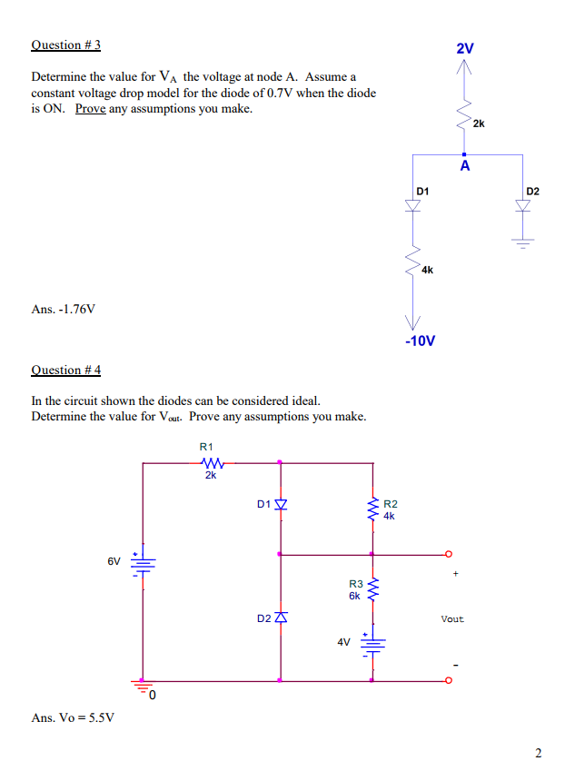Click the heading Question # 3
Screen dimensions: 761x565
tap(65, 44)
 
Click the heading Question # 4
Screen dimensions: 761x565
tap(65, 370)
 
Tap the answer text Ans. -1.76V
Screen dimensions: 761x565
tap(63, 309)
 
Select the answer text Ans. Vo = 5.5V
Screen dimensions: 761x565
tap(73, 717)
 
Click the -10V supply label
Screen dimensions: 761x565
tap(419, 341)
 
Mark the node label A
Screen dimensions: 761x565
tap(465, 167)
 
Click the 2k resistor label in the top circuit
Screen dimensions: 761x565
tap(480, 124)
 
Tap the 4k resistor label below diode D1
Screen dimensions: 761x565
tap(428, 270)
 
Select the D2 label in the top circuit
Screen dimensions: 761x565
tap(532, 191)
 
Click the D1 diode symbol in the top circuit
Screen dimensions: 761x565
tap(415, 205)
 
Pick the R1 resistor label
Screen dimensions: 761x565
tap(206, 447)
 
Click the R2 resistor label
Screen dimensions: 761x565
tap(392, 503)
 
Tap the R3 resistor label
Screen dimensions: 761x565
tap(356, 585)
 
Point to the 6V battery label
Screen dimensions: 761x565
tap(114, 561)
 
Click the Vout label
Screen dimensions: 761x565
tap(452, 619)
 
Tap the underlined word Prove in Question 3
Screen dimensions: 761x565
tap(89, 109)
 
